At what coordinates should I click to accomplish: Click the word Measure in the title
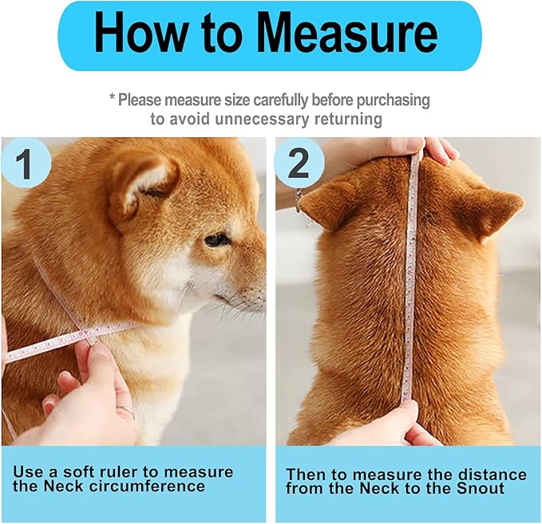coord(347,36)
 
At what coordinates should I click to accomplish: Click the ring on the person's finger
coord(126,412)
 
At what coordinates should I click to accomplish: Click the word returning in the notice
coord(338,119)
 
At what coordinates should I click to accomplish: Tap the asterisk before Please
coord(113,99)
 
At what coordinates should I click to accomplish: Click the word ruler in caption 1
coord(127,471)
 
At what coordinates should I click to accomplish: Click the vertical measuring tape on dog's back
coord(409,279)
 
